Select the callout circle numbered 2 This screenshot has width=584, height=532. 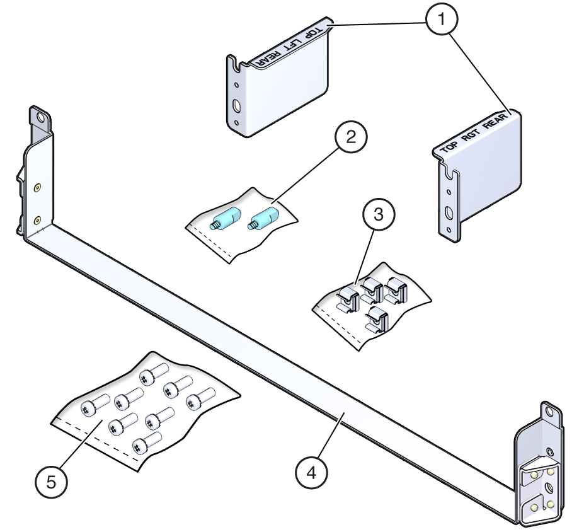point(350,138)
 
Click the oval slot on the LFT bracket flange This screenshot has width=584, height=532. point(236,105)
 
